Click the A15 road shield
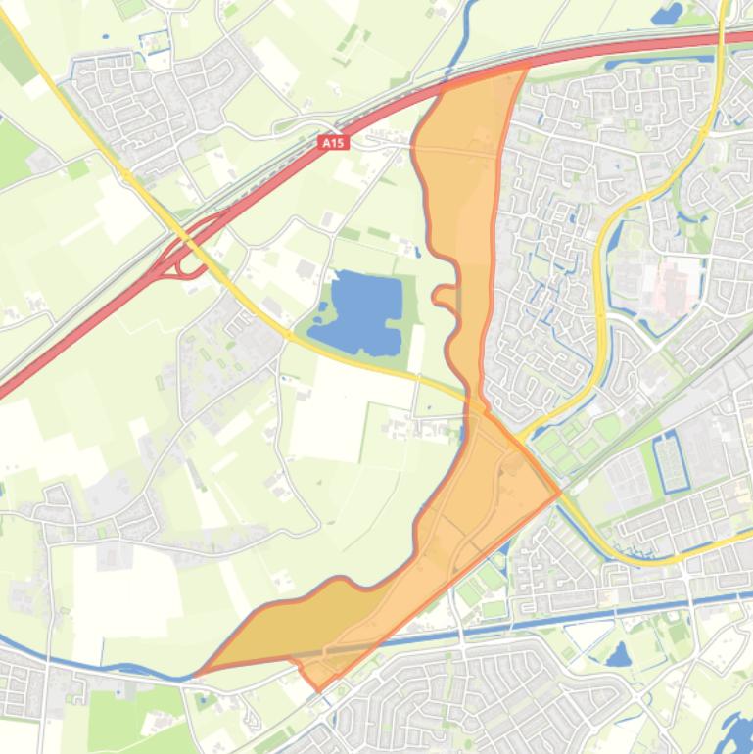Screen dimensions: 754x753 334,143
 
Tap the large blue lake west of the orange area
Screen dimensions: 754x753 365,313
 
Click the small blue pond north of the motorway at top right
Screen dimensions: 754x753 667,14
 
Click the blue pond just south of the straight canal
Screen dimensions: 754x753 618,654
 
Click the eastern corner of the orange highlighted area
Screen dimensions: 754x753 559,493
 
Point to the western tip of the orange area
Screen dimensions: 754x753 199,673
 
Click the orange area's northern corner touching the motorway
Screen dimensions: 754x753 527,65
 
